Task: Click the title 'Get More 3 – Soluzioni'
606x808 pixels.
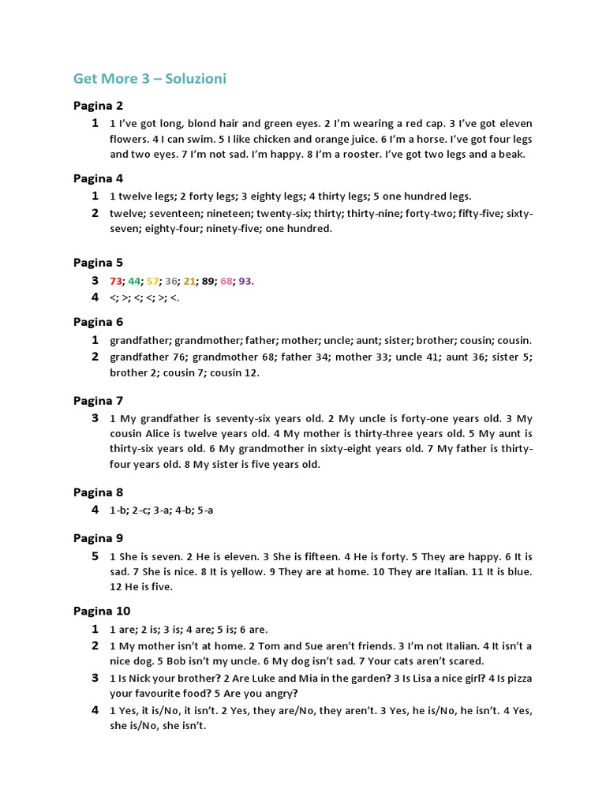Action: [150, 78]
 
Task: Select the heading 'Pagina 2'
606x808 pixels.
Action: [98, 105]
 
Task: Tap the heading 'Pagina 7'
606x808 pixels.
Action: [98, 400]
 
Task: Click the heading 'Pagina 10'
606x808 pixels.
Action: [102, 611]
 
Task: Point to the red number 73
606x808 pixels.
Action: [116, 281]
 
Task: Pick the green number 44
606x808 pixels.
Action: [134, 281]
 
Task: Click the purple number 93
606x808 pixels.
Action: [245, 281]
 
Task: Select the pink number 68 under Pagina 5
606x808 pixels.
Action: [226, 281]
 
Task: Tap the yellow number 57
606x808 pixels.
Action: [153, 281]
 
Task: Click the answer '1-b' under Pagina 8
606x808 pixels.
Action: [118, 510]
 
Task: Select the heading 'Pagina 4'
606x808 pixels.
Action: [98, 178]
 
